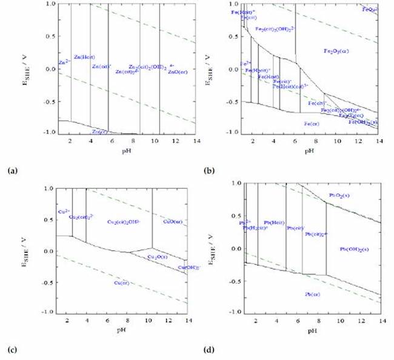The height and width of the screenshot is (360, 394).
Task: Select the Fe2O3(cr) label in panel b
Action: (x=336, y=51)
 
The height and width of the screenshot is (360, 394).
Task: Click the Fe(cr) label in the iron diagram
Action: (x=314, y=124)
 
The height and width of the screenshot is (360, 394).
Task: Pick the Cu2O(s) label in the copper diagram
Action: (x=158, y=257)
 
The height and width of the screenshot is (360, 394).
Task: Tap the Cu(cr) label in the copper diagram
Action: (x=122, y=282)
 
